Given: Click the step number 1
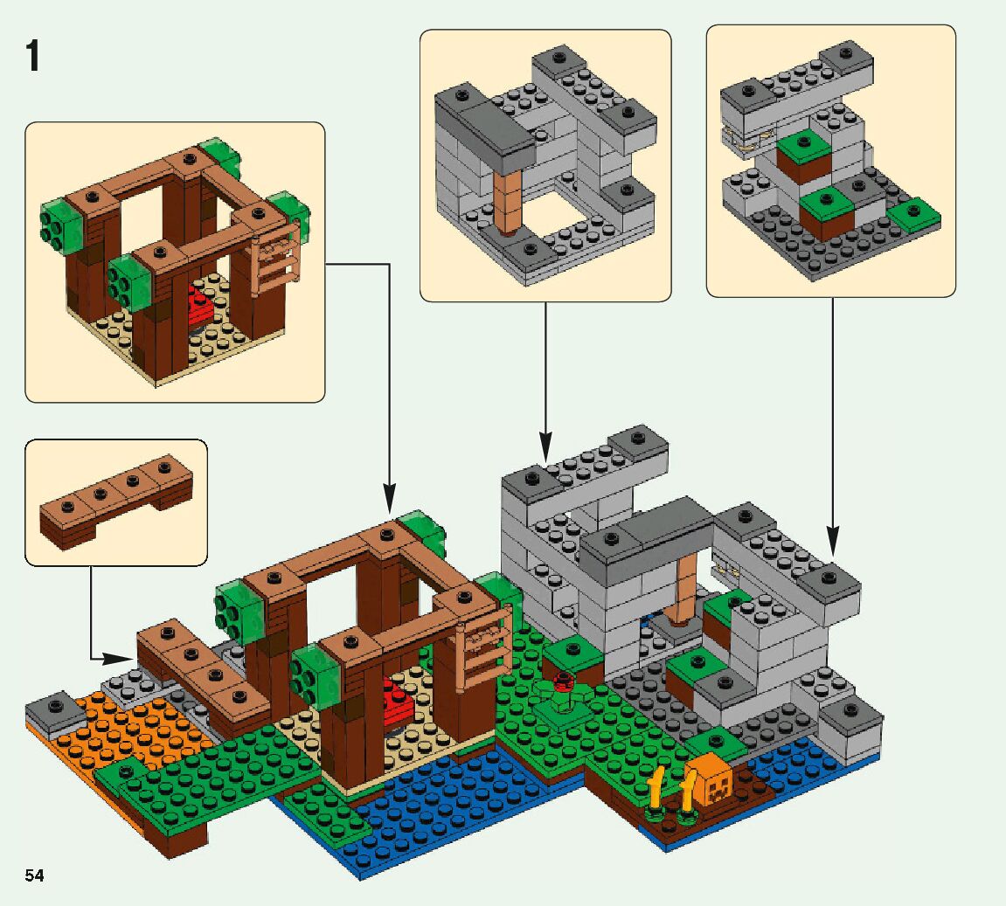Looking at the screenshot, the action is click(x=32, y=57).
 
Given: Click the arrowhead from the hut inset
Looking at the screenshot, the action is click(x=389, y=502).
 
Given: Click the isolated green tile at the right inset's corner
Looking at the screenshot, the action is click(x=914, y=213).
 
